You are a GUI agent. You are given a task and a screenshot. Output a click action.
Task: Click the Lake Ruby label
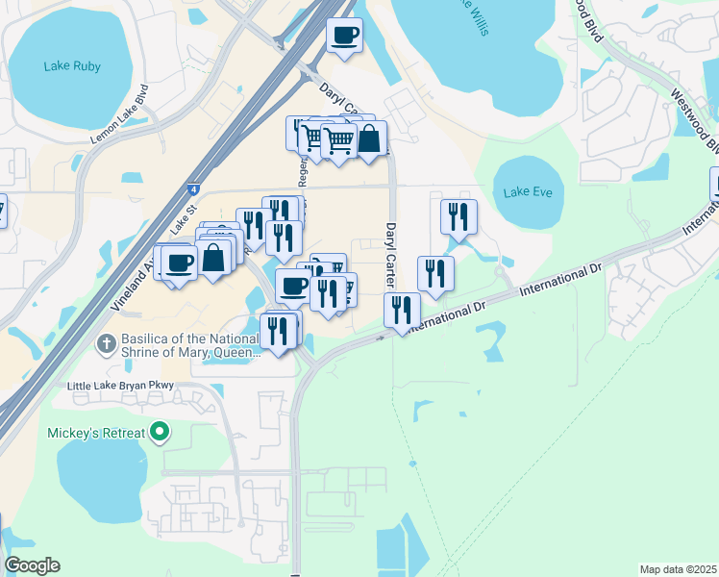click(x=72, y=66)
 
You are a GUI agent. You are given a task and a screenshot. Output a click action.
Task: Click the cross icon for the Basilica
click(x=109, y=341)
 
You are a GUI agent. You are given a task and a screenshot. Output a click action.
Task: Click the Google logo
click(x=32, y=565)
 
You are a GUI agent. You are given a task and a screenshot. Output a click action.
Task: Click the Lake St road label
click(x=183, y=223)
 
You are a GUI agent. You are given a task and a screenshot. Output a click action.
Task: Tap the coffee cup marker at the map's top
click(x=344, y=36)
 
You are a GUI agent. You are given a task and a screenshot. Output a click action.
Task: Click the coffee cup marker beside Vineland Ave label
click(x=179, y=261)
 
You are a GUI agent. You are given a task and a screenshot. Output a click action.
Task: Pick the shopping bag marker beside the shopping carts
click(x=369, y=138)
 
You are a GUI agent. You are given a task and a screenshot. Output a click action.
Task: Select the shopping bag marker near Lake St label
click(x=213, y=257)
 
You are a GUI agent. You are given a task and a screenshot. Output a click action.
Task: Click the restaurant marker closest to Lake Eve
click(x=459, y=215)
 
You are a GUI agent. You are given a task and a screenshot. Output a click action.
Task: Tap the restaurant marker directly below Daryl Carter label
click(x=401, y=309)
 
